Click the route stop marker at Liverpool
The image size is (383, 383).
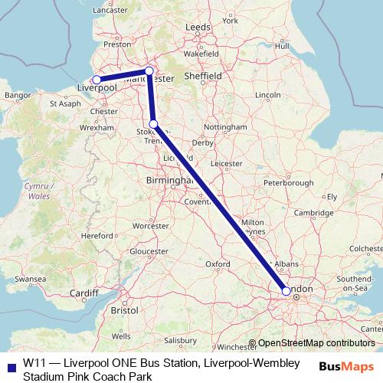point(97,80)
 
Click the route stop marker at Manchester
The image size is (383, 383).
point(150,70)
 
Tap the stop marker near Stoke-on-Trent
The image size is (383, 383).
point(153,123)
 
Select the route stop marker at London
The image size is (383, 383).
point(286,291)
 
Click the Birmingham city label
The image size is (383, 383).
point(165,181)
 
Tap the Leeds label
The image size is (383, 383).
point(198,27)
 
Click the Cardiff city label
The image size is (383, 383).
point(83,293)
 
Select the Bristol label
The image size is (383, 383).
point(123,311)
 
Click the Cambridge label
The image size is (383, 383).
point(315,212)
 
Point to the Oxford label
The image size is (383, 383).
point(218,264)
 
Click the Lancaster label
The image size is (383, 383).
point(109,10)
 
